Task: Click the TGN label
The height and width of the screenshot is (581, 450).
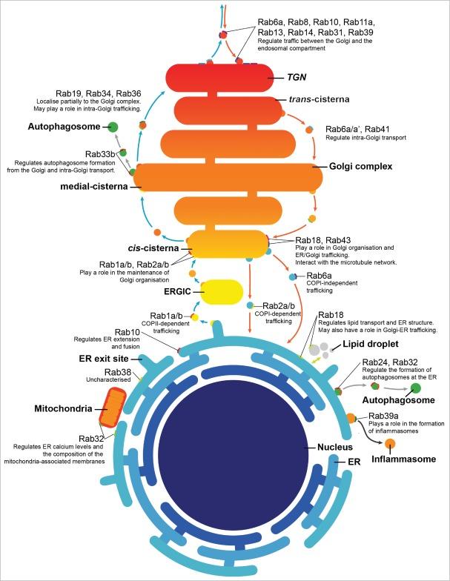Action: point(297,76)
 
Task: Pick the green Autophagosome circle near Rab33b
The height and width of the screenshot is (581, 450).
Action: point(113,127)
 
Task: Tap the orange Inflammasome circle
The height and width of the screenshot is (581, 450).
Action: point(389,444)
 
